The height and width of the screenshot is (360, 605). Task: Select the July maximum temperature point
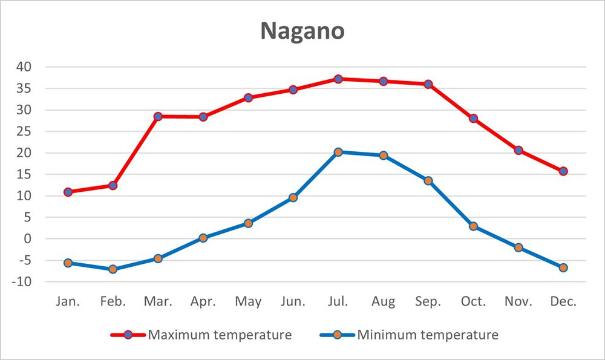(338, 79)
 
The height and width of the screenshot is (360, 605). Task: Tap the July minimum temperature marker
(338, 152)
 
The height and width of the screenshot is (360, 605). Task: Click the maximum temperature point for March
(158, 116)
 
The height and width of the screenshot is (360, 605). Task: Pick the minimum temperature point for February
(113, 269)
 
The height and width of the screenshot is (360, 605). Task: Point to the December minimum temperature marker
(563, 267)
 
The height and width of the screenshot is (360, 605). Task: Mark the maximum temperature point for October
(473, 119)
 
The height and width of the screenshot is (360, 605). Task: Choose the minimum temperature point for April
(203, 238)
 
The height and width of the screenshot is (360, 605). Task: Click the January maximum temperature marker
(68, 192)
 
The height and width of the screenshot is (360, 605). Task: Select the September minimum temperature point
(428, 180)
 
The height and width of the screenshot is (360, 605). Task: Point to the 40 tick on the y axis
(25, 67)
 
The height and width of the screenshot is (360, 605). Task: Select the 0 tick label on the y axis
(28, 239)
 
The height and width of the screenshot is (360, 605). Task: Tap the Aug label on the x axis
(384, 301)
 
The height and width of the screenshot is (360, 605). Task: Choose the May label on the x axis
(248, 301)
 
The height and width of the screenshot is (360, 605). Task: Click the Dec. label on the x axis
(563, 301)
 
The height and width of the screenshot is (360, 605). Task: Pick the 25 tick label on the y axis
(25, 131)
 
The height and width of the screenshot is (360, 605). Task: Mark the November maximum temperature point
(518, 150)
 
